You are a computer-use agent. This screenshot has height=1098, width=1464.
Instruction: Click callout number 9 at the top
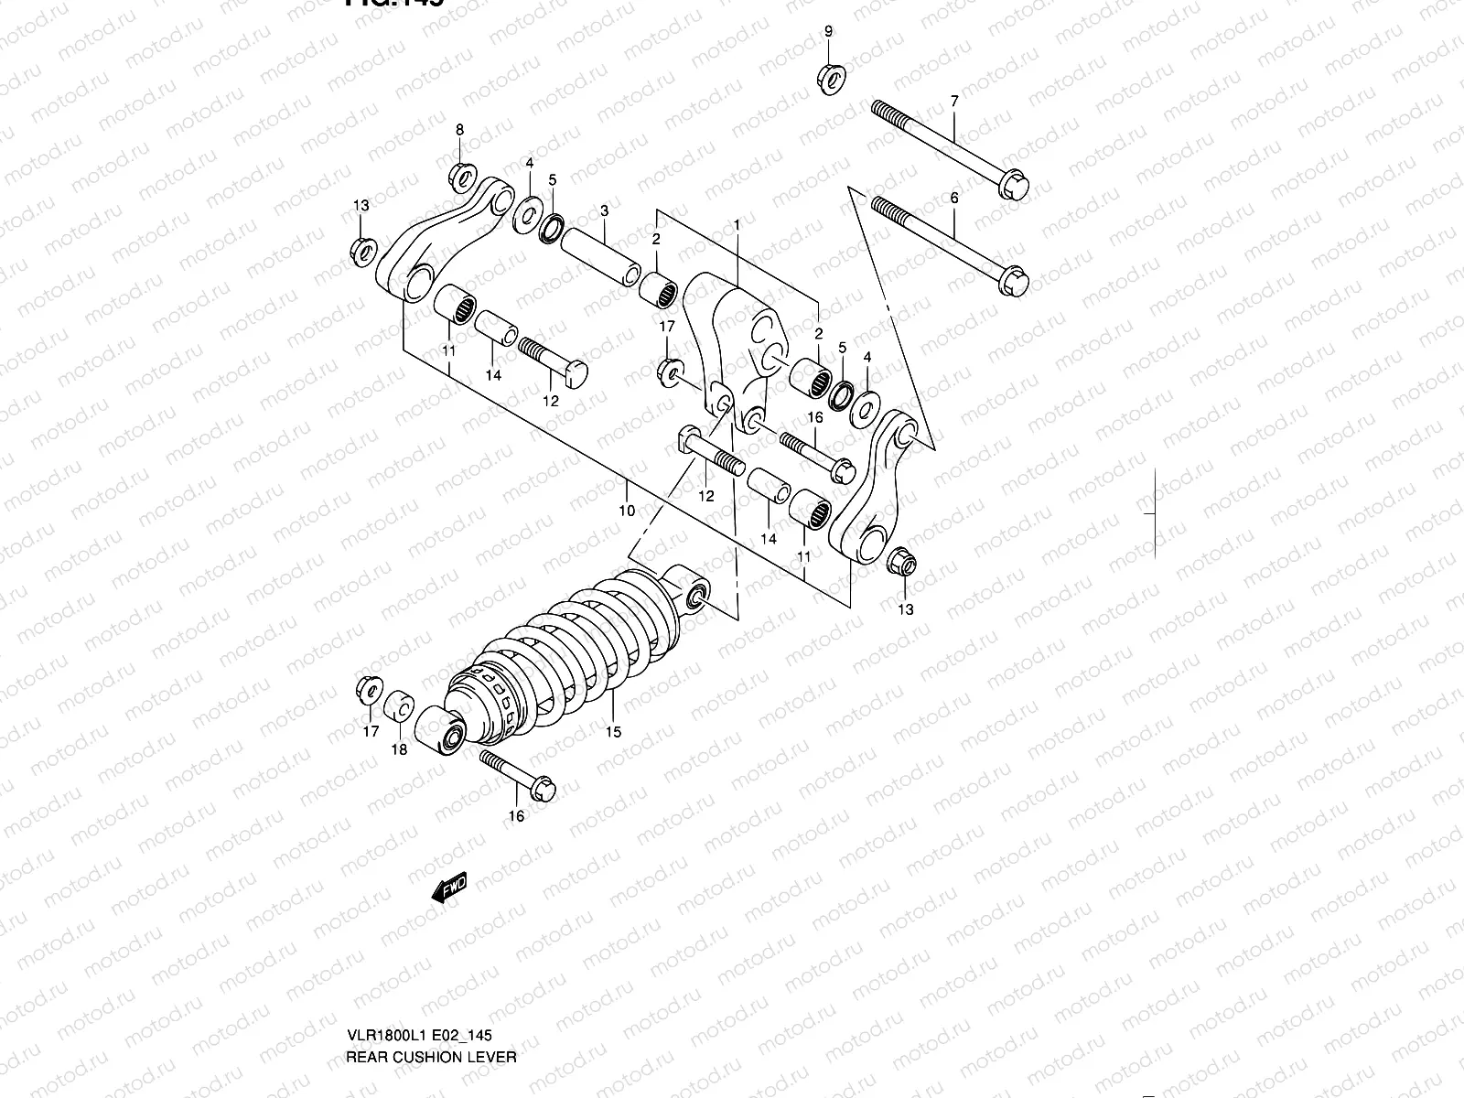828,32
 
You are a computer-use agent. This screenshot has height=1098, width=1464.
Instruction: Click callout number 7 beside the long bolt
954,101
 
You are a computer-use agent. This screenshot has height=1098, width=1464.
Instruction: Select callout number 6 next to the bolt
954,198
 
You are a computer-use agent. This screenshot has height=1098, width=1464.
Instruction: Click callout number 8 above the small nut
460,129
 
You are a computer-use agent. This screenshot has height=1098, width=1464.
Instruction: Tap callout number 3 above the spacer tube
604,211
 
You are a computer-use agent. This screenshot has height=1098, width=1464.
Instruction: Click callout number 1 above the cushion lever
737,224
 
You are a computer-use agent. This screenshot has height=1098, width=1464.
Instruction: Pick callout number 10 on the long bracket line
627,511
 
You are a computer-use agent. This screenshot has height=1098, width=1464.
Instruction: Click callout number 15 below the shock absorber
613,731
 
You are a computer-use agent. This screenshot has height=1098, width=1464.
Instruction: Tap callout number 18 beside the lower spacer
400,750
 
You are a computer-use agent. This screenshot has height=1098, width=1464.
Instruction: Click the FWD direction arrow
449,888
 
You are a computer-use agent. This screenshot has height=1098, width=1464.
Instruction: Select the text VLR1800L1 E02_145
420,1037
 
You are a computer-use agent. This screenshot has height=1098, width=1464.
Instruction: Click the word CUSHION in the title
427,1057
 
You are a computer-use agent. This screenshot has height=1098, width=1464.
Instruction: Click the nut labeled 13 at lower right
900,562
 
